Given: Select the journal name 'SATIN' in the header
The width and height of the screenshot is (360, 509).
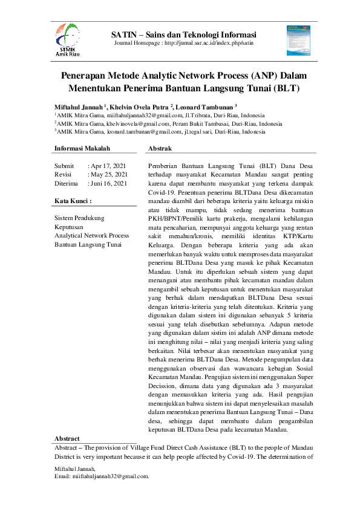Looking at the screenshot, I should pyautogui.click(x=124, y=34).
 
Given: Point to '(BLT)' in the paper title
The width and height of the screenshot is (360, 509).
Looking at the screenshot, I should pyautogui.click(x=287, y=89).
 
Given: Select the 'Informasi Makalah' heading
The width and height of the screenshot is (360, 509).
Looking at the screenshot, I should pyautogui.click(x=82, y=148).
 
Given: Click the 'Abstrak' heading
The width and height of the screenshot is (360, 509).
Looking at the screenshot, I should pyautogui.click(x=160, y=148).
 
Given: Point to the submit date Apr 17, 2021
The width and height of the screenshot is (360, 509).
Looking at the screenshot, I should pyautogui.click(x=108, y=166).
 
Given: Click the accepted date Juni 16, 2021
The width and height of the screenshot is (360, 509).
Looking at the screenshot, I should pyautogui.click(x=109, y=183).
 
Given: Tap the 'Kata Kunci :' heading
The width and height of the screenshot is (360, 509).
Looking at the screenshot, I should pyautogui.click(x=73, y=200).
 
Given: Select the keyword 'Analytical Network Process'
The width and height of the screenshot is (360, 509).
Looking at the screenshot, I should pyautogui.click(x=91, y=235).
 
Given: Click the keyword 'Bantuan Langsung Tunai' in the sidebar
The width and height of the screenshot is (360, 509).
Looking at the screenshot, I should pyautogui.click(x=87, y=244).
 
